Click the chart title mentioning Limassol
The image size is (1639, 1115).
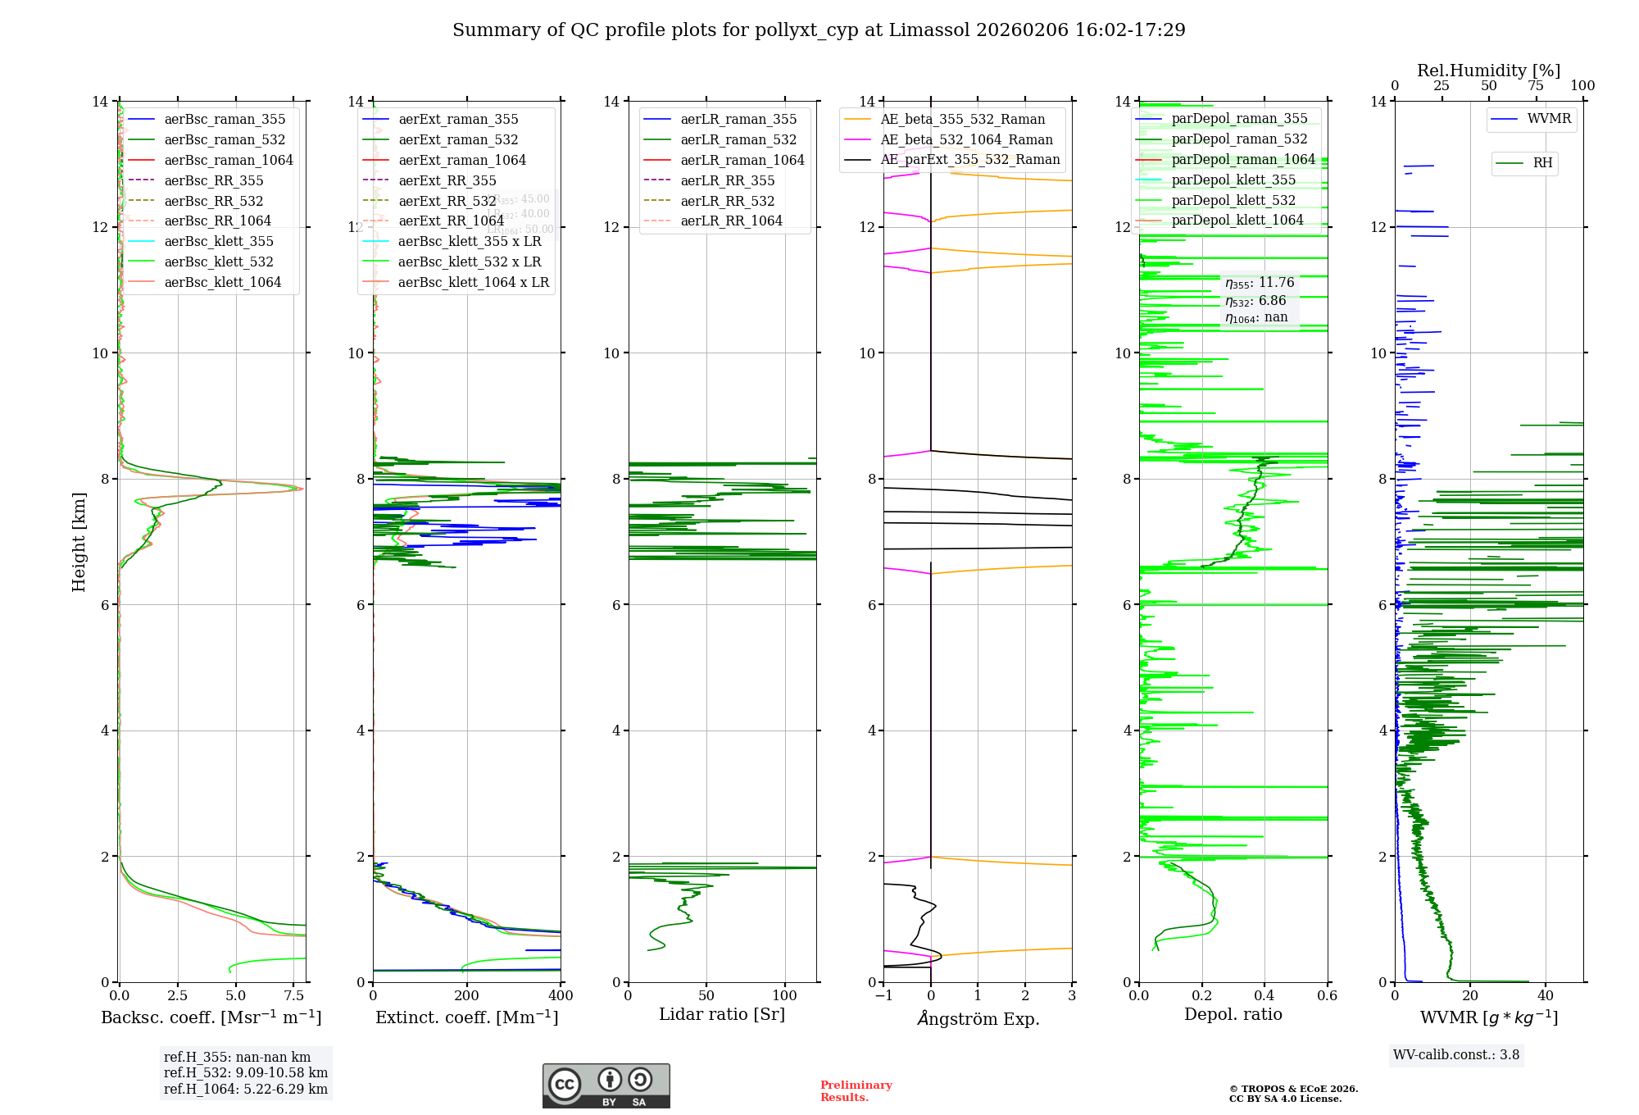point(819,30)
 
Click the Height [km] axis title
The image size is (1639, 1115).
point(79,541)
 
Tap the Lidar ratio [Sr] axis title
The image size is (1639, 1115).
point(722,1014)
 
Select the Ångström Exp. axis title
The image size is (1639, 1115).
point(978,1018)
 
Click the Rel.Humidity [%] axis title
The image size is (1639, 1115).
point(1488,71)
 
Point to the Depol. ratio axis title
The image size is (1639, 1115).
point(1233,1014)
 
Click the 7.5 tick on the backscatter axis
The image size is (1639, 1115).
point(294,996)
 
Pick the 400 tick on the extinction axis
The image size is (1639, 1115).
point(561,996)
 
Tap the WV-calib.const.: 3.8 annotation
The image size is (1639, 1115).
point(1456,1055)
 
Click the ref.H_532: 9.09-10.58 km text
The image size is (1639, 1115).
point(245,1073)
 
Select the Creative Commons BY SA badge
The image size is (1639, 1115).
point(606,1085)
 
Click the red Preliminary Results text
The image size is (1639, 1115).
point(856,1091)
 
